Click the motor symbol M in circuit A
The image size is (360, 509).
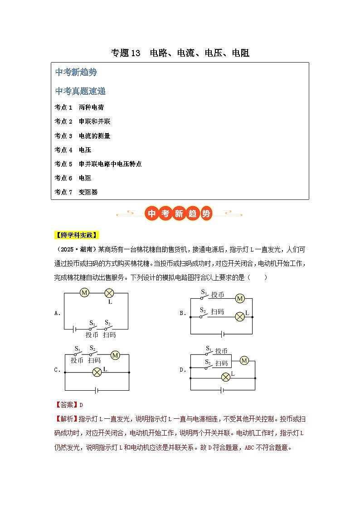point(84,293)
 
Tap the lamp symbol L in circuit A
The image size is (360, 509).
point(109,293)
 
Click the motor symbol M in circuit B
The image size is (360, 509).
point(239,298)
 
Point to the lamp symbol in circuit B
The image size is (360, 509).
point(239,317)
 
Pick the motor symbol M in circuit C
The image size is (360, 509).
point(115,355)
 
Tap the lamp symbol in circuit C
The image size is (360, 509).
point(97,373)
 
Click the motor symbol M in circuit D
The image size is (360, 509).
point(244,361)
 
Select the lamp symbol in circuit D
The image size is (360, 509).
point(225,377)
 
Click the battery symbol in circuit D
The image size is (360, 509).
point(222,389)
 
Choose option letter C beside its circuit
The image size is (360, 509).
point(57,369)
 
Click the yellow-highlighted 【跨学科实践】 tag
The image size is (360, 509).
point(76,235)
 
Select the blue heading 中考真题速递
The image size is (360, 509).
point(80,92)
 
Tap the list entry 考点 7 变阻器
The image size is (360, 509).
point(76,192)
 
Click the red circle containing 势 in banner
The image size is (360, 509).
point(206,213)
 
